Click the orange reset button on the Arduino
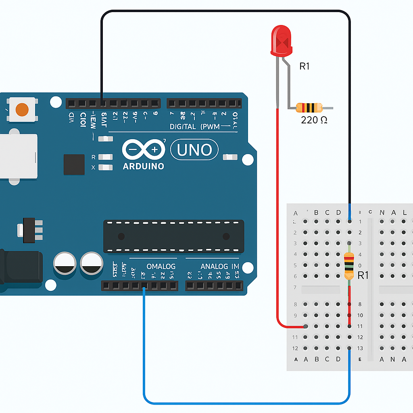click(x=22, y=109)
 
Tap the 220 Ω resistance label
click(x=314, y=120)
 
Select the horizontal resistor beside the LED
click(x=309, y=108)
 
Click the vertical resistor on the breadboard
click(x=349, y=265)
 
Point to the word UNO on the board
click(x=194, y=150)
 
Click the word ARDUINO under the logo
click(x=143, y=166)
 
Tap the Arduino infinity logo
click(x=143, y=150)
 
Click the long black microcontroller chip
click(x=173, y=236)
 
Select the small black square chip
click(x=74, y=165)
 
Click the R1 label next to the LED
click(x=305, y=66)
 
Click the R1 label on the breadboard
click(x=363, y=275)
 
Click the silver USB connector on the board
click(x=18, y=156)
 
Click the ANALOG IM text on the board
click(x=220, y=267)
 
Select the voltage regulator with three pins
click(x=30, y=230)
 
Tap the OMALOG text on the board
click(x=161, y=267)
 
